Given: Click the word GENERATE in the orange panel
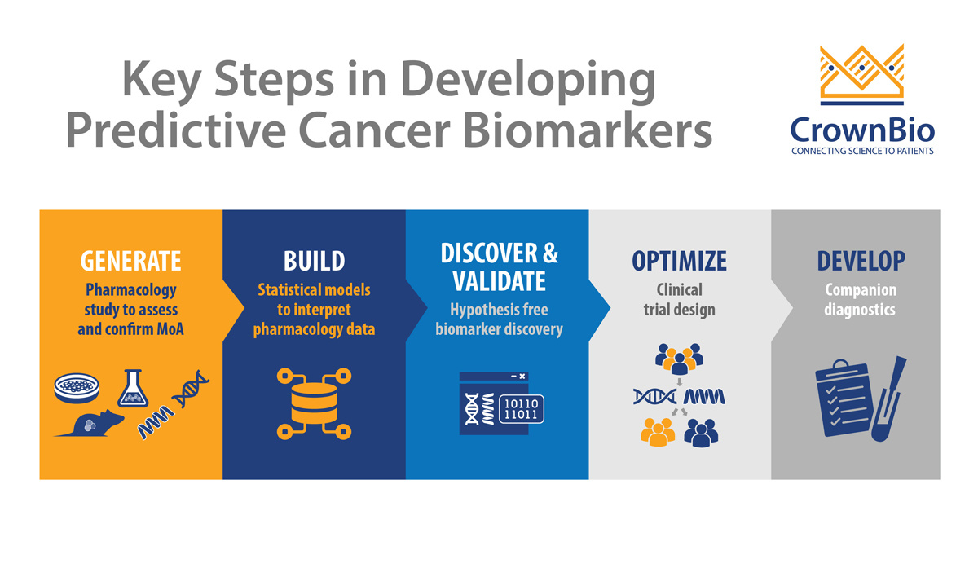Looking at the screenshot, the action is [130, 261].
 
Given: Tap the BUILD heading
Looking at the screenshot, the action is [314, 261].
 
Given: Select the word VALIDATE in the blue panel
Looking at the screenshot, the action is [499, 280].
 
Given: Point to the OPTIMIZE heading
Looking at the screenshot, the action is [680, 261].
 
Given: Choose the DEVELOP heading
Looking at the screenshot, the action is [861, 261].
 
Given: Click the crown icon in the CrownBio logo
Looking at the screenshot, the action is [862, 74].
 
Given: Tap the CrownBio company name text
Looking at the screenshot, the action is [862, 130].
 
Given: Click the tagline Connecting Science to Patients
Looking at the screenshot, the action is [862, 151].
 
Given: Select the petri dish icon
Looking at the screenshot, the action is [77, 388].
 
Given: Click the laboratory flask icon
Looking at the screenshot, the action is [133, 388].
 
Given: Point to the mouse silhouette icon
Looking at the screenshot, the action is [90, 423].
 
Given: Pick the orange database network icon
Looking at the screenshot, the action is [314, 403].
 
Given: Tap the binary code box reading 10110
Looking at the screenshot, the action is [522, 409].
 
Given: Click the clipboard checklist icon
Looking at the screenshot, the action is [843, 398].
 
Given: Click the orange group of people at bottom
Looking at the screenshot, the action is [658, 432].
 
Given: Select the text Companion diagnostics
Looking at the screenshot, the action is [860, 299].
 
